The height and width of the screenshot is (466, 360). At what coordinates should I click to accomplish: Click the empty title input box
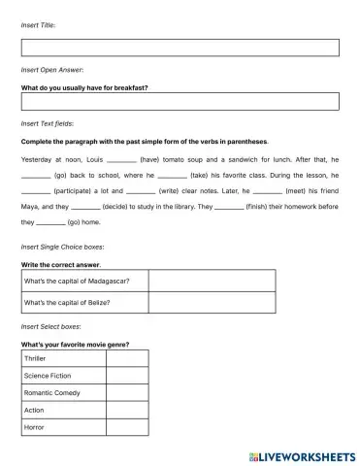point(180,48)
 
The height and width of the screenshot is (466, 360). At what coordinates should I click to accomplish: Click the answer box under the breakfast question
point(180,102)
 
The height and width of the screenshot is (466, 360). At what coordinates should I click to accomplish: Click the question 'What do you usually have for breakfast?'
point(85,86)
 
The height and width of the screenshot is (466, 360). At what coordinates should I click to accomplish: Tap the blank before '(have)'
point(121,158)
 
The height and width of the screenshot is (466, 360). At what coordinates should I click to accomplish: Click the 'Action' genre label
point(35,410)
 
